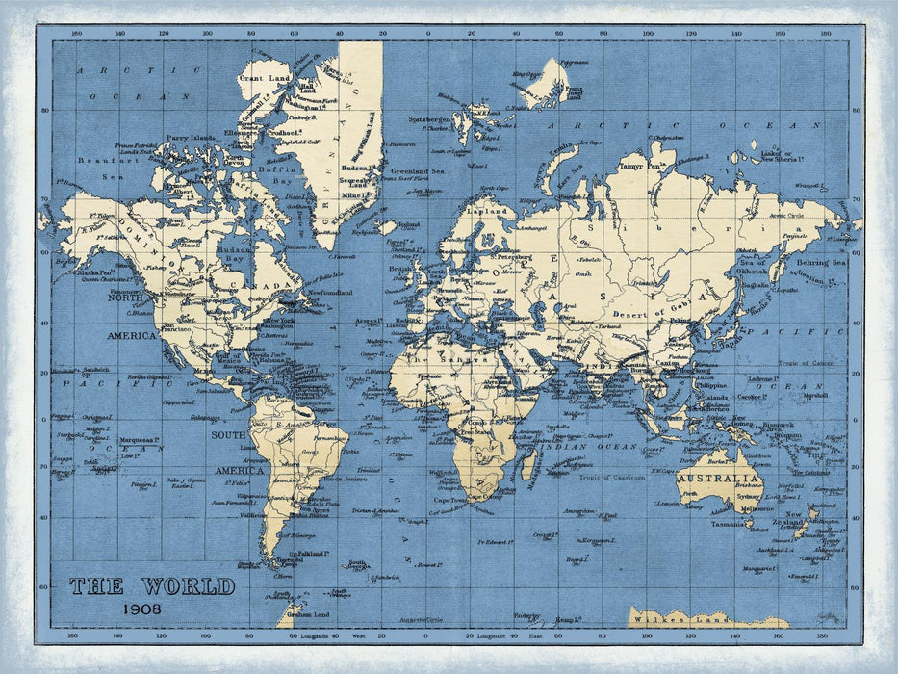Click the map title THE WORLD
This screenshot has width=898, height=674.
coord(152,585)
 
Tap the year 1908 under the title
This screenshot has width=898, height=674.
coord(142,608)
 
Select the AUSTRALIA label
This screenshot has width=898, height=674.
coord(719,479)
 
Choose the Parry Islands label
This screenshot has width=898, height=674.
coord(190,138)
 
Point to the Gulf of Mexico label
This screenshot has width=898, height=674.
coord(231,358)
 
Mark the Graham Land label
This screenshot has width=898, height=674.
coord(308,613)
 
